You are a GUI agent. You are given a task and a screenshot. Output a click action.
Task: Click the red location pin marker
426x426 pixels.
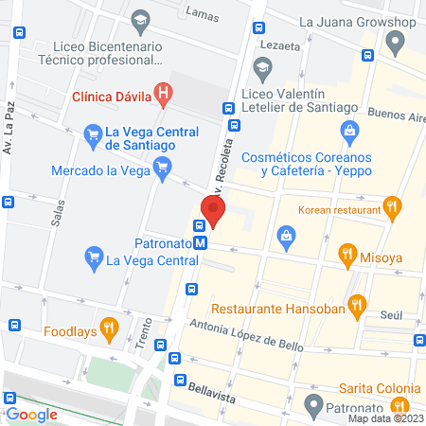[214, 209]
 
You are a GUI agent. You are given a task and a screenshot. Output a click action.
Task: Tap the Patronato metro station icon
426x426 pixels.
[200, 243]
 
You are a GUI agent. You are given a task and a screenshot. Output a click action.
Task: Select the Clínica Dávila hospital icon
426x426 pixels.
[165, 94]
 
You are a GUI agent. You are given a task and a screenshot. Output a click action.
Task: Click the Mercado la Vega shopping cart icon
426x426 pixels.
[162, 170]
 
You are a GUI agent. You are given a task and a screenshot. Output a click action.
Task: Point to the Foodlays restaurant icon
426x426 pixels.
[110, 331]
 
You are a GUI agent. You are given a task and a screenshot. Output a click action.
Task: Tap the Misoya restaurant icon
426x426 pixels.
[346, 253]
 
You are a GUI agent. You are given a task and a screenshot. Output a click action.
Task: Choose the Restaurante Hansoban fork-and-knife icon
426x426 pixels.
[356, 305]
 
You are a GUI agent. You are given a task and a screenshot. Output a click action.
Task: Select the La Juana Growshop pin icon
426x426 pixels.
[397, 41]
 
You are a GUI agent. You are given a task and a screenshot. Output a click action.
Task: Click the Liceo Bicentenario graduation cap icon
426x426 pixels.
[140, 19]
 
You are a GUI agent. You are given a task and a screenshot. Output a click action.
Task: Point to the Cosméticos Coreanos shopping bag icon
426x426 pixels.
[349, 131]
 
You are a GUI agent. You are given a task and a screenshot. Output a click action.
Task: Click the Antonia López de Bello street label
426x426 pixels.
[245, 335]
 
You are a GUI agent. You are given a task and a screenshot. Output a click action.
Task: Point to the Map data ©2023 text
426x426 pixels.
[385, 418]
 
